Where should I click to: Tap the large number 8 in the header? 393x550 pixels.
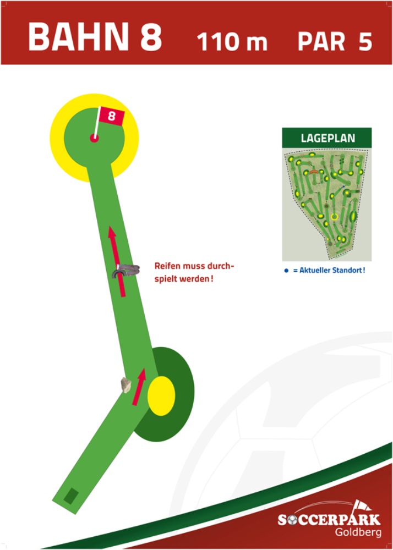click(x=148, y=37)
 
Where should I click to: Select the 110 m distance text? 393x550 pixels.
click(x=232, y=42)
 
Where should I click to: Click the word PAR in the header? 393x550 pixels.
click(x=321, y=42)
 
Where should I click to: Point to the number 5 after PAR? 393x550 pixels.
click(x=365, y=42)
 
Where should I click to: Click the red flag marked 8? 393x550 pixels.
click(x=111, y=116)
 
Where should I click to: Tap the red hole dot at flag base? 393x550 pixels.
click(x=94, y=138)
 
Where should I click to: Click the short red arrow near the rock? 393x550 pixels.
click(x=140, y=386)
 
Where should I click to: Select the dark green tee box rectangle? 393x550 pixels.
click(x=70, y=495)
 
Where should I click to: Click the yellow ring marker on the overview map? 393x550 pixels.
click(x=334, y=217)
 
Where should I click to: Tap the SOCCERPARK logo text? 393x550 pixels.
click(x=329, y=519)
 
